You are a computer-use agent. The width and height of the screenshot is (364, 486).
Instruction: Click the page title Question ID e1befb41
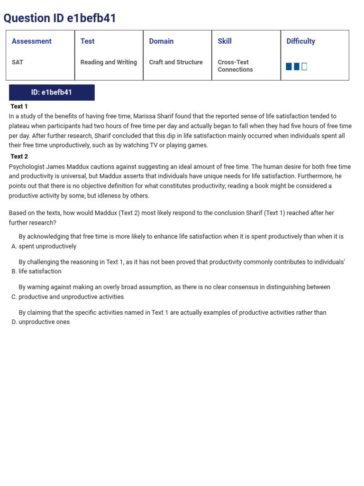coord(60,18)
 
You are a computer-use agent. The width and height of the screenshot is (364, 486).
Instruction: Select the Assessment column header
coord(31,41)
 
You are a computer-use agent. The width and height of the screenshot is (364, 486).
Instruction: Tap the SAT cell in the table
coord(18,62)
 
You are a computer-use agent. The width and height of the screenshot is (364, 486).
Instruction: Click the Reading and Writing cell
coord(109,62)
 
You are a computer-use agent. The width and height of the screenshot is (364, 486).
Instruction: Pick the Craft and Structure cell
coord(176,62)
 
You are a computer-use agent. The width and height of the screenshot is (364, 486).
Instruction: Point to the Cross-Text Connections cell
coord(235,66)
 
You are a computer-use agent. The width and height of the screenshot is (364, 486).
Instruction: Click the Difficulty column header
coord(300,41)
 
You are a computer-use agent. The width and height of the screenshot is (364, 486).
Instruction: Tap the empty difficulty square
coord(304,66)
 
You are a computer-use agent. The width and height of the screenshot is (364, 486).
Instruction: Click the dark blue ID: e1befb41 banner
coord(52,93)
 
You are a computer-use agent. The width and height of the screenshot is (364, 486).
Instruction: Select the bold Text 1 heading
coord(19,106)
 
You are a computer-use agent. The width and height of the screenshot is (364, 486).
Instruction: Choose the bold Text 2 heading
coord(19,157)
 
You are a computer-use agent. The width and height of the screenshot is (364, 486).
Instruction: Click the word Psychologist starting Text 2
coord(27,167)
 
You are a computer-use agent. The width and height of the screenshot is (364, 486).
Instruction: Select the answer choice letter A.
coord(13,246)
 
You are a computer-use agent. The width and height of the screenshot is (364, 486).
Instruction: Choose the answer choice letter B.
coord(13,271)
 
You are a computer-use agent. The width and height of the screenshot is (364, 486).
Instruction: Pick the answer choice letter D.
coord(13,322)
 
